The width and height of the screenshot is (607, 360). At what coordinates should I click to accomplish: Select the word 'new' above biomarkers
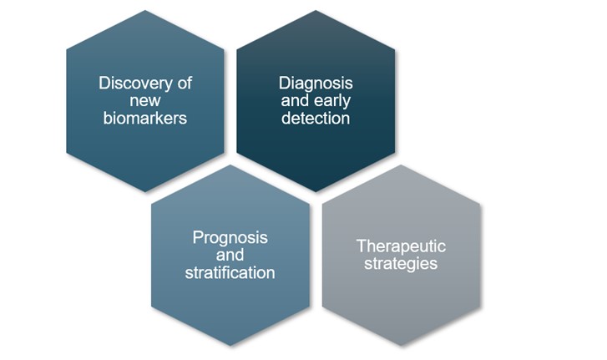tap(145, 101)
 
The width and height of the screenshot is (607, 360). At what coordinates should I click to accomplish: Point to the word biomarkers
tap(145, 119)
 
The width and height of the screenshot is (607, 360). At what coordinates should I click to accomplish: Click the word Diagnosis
tap(316, 84)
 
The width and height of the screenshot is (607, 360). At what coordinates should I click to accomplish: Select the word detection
tap(316, 119)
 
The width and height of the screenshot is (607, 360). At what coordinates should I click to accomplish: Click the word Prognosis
tap(230, 237)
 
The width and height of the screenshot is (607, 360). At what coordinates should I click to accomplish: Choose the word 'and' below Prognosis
tap(230, 255)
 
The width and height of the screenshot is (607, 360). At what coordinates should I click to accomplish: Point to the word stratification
tap(230, 272)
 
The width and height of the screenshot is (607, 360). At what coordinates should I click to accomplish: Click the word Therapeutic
tap(401, 246)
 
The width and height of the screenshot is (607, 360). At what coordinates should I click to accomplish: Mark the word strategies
tap(401, 264)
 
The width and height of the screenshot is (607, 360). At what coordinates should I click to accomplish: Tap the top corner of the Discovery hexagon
tap(145, 12)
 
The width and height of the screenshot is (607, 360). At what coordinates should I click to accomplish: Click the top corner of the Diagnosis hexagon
tap(316, 12)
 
